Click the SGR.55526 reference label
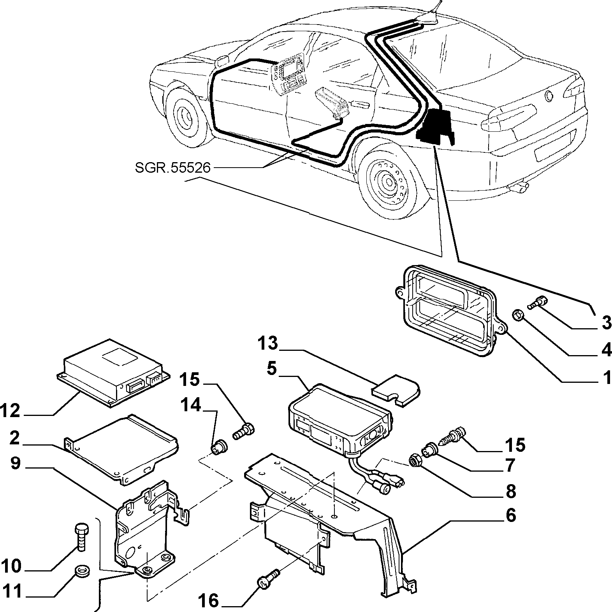point(172,168)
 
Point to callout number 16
point(209,600)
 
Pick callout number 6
point(511,515)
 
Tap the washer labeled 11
point(81,571)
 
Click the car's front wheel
point(185,115)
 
